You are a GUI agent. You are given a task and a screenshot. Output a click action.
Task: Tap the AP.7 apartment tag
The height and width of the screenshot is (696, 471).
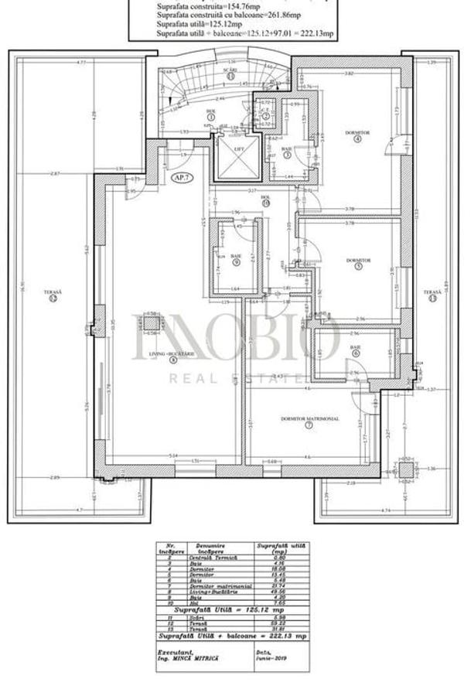coord(183,176)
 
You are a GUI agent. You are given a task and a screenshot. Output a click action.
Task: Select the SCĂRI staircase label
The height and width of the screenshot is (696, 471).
coord(230,72)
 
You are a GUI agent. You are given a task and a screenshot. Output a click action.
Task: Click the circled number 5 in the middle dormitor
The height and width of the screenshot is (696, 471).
coord(358,268)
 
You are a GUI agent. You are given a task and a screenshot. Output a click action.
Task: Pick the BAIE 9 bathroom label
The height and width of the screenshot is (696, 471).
coord(235,258)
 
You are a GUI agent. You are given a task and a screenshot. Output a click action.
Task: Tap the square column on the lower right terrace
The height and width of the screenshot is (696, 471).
coord(405,469)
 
